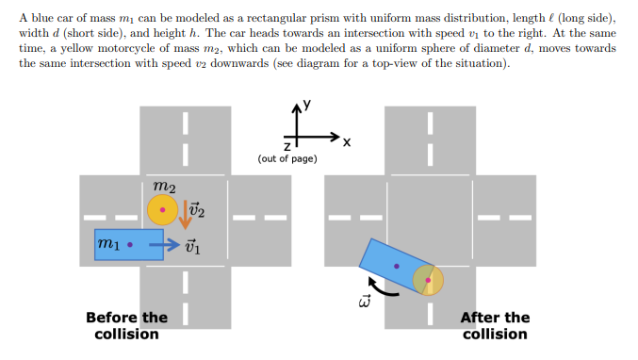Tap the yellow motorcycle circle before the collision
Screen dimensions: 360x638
click(x=162, y=210)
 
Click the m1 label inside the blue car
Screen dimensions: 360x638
click(x=108, y=245)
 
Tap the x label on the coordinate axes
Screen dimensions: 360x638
click(x=347, y=142)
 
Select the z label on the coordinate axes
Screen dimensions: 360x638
click(x=287, y=146)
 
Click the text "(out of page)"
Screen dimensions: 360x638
click(x=287, y=158)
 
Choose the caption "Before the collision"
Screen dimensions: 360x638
click(x=126, y=325)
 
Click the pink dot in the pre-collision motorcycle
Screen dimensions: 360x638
click(x=162, y=210)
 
